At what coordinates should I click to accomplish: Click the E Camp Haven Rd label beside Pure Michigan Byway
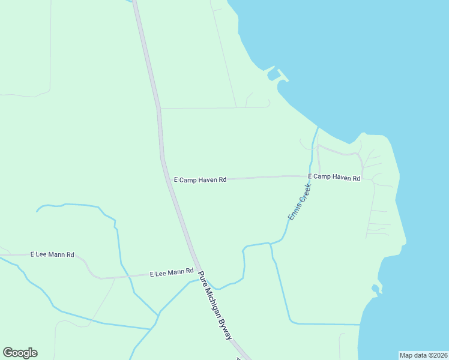[x=200, y=179]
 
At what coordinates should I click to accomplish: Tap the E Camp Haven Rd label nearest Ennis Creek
[x=334, y=178]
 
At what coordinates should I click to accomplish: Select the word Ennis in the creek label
[x=294, y=212]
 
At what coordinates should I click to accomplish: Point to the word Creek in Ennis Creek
[x=306, y=192]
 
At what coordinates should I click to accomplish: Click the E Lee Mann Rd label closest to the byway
[x=172, y=273]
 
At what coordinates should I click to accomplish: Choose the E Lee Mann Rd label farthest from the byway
[x=52, y=255]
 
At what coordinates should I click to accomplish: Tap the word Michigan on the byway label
[x=214, y=305]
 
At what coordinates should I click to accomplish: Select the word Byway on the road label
[x=226, y=331]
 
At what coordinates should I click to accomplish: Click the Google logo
[x=20, y=353]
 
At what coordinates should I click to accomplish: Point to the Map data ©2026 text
[x=423, y=355]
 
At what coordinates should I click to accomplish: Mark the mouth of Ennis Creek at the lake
[x=318, y=128]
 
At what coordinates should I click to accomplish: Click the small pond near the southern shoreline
[x=375, y=289]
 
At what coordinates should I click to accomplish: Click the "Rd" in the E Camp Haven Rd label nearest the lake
[x=356, y=178]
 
